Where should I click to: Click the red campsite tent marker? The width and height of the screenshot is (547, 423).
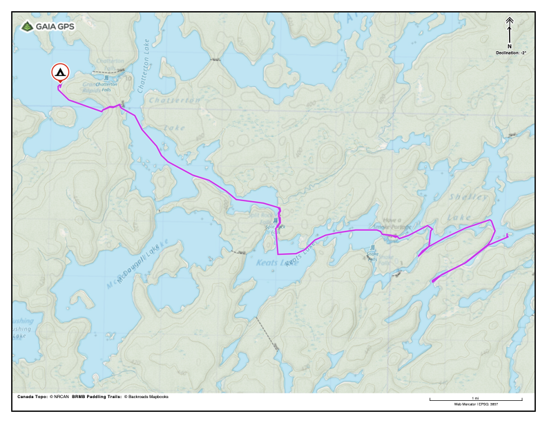60,72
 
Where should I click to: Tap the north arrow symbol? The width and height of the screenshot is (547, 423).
510,30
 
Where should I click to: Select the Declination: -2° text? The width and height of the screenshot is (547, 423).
510,53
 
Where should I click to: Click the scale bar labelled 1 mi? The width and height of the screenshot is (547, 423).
475,399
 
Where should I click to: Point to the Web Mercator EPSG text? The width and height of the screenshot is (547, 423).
475,404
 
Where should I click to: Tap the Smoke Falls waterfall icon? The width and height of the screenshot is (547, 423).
373,247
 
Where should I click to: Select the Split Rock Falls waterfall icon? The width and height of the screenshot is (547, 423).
275,221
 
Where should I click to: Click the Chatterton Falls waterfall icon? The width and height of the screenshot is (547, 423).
107,77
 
